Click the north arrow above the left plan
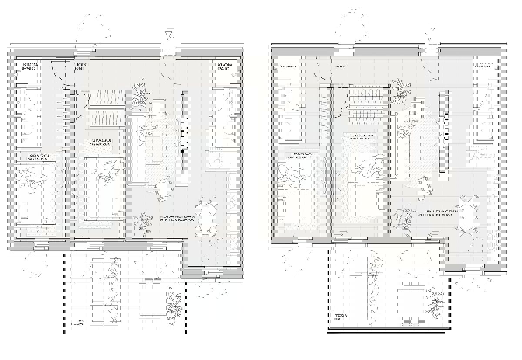pyautogui.click(x=170, y=34)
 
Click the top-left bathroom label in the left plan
pyautogui.click(x=30, y=67)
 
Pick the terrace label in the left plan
pyautogui.click(x=77, y=323)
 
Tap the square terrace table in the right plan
pyautogui.click(x=410, y=300)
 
